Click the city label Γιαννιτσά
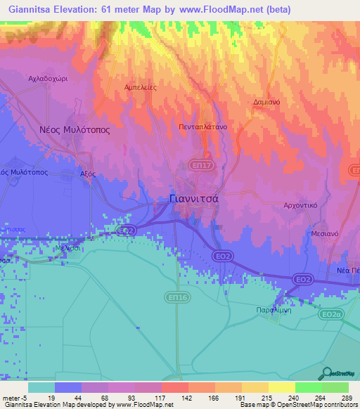point(196,199)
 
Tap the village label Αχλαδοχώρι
point(47,79)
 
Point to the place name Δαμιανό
point(267,102)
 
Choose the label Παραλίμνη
point(271,309)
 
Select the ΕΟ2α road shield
point(331,315)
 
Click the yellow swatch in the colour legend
point(282,387)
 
